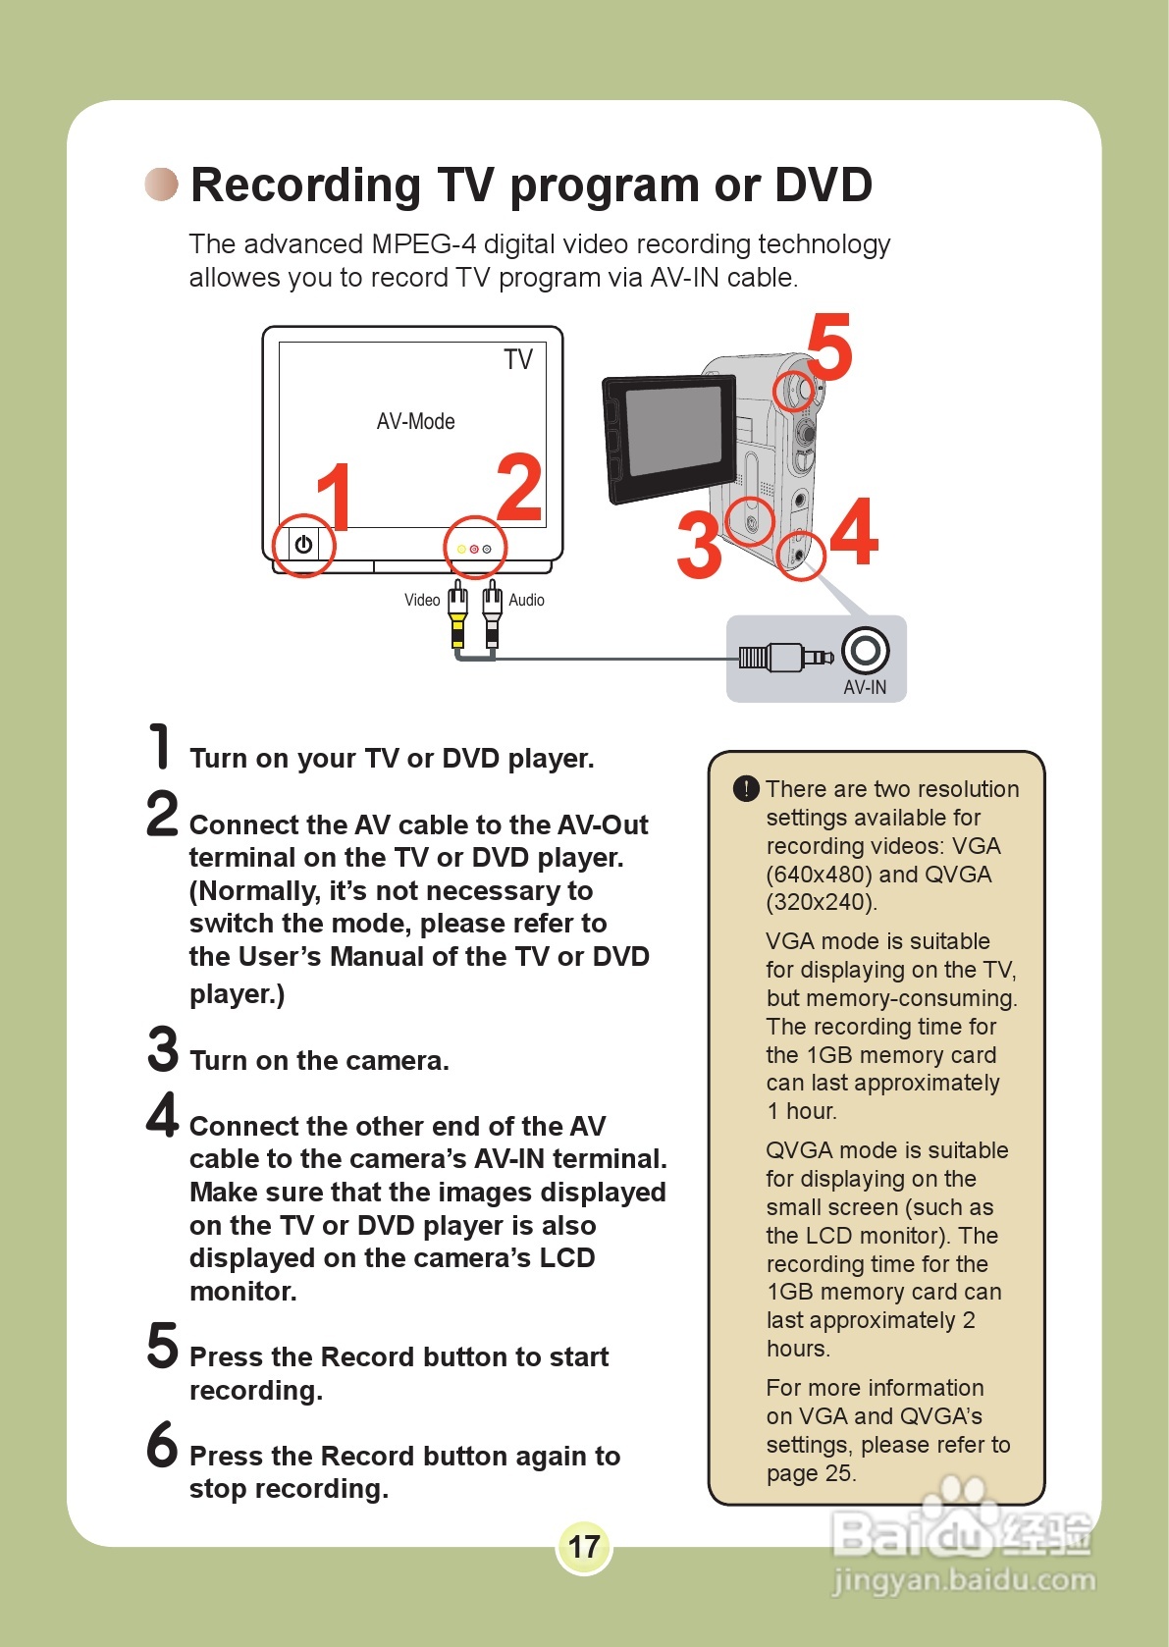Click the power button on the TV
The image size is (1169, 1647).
coord(303,545)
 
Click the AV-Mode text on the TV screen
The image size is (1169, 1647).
coord(415,421)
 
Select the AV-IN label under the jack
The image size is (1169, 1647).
coord(865,687)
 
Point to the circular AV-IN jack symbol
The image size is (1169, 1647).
coord(865,650)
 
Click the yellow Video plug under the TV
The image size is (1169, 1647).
coord(457,613)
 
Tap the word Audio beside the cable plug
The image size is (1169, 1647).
coord(526,600)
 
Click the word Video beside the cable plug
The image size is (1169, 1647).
coord(422,600)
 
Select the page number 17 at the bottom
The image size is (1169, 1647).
coord(584,1547)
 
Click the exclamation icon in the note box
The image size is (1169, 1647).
coord(746,788)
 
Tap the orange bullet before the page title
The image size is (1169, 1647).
coord(162,184)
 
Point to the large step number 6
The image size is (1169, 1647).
coord(163,1444)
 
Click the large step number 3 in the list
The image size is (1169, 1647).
coord(163,1048)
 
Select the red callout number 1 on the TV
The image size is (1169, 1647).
coord(335,497)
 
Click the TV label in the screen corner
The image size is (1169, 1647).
coord(518,360)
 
